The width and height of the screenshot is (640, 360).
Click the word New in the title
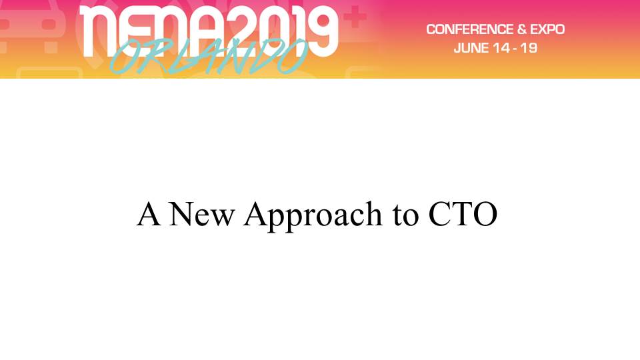[201, 214]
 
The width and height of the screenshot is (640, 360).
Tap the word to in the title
[406, 216]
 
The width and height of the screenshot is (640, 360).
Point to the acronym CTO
[463, 214]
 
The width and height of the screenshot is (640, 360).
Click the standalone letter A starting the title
[148, 214]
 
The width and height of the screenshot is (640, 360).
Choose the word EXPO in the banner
[547, 29]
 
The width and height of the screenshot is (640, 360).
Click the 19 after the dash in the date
[529, 48]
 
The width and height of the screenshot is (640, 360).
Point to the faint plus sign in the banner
[355, 17]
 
